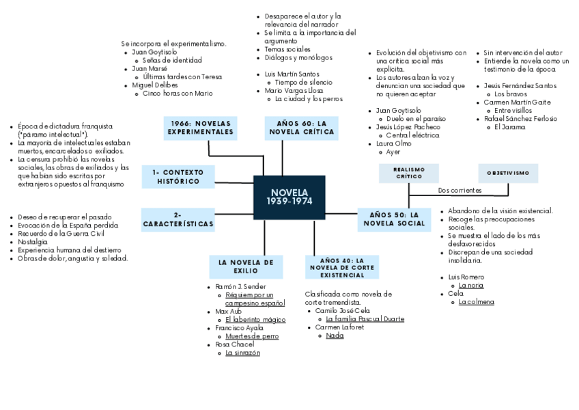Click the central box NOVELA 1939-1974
(x=289, y=198)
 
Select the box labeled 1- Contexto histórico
(x=178, y=176)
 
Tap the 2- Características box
(x=178, y=219)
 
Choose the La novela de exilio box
(x=246, y=266)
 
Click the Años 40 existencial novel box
(x=342, y=266)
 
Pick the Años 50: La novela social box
(x=397, y=219)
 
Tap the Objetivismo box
(x=508, y=173)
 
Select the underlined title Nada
(x=335, y=336)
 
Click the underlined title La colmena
(x=477, y=301)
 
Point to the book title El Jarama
(x=509, y=126)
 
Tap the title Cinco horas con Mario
(x=178, y=94)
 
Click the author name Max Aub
(x=229, y=311)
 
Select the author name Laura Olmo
(x=394, y=143)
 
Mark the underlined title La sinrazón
(x=242, y=353)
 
